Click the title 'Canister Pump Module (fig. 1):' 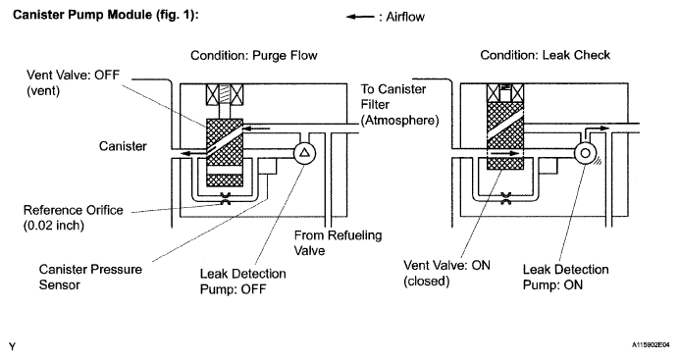(x=106, y=15)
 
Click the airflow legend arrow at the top (x=360, y=17)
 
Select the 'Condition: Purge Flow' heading (x=254, y=55)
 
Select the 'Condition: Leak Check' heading (x=545, y=55)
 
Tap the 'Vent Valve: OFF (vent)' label (x=73, y=82)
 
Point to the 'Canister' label (x=123, y=146)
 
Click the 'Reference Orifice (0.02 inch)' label (x=74, y=218)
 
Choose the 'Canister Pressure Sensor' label (x=90, y=277)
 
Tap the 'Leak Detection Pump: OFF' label (x=243, y=282)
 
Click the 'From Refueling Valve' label (x=338, y=242)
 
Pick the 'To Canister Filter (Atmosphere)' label (x=399, y=105)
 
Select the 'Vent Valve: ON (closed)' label (x=446, y=273)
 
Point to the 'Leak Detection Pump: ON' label (x=565, y=277)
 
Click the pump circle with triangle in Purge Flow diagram (x=305, y=153)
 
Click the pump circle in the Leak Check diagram (x=585, y=153)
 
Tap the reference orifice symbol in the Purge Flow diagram (x=225, y=198)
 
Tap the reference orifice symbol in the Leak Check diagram (x=505, y=198)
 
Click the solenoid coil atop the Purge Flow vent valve (x=225, y=94)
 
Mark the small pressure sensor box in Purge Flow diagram (x=268, y=166)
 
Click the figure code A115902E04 (x=650, y=345)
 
